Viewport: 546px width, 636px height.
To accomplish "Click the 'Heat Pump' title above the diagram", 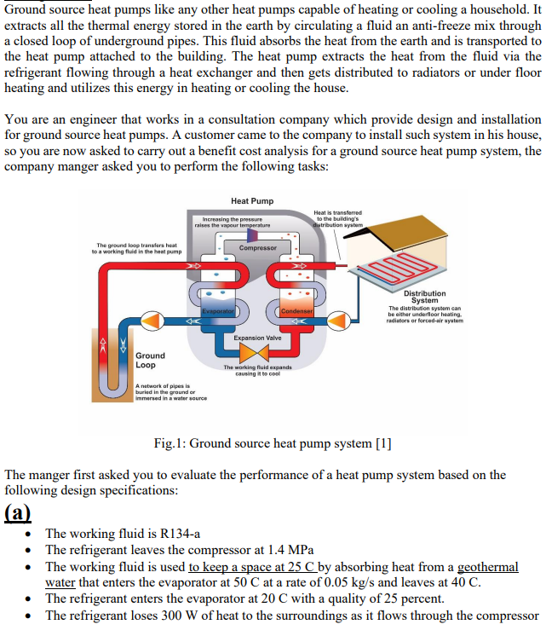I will [252, 200].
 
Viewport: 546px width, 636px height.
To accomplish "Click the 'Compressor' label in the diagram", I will [257, 248].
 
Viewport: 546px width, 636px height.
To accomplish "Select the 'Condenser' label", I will [296, 312].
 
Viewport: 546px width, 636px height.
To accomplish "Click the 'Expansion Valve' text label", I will [257, 338].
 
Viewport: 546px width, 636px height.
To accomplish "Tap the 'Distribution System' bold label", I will [424, 297].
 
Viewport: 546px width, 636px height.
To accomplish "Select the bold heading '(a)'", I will [19, 512].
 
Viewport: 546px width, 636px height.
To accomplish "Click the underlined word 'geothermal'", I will [487, 566].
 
